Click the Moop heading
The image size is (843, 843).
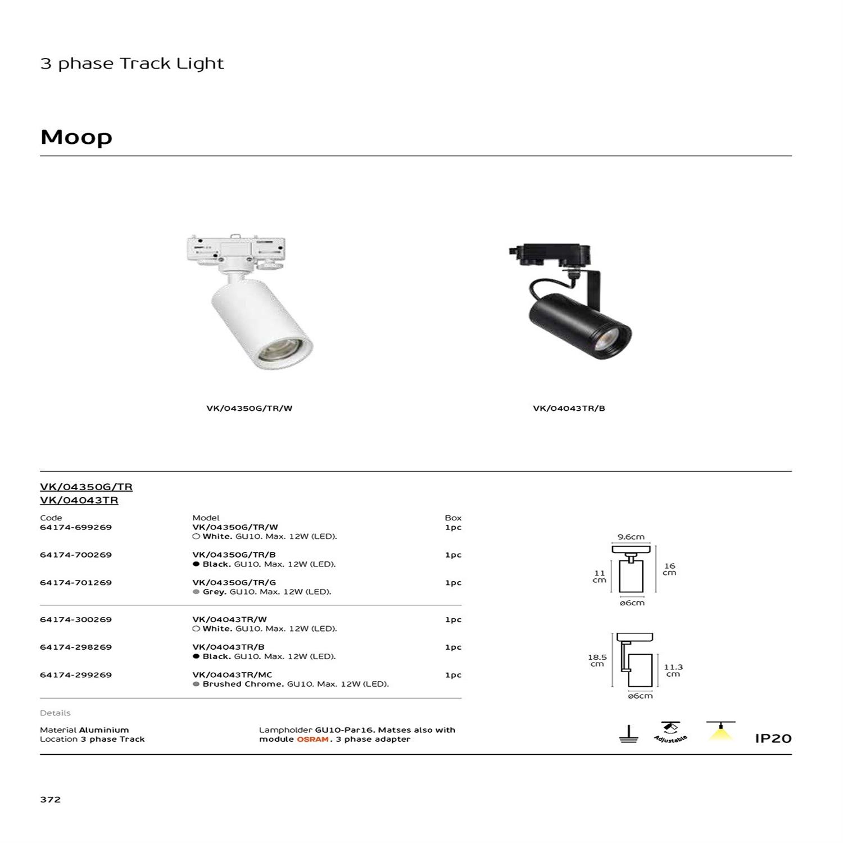[x=76, y=137]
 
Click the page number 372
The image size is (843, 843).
[x=50, y=799]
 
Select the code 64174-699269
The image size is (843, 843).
[x=76, y=527]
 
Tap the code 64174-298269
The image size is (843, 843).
[x=76, y=647]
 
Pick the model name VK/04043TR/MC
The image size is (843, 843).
[x=232, y=674]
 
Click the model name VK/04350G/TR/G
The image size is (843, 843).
[x=234, y=582]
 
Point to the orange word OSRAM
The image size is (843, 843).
[x=312, y=739]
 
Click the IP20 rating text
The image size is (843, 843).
[x=773, y=738]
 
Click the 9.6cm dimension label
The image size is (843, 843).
[x=631, y=537]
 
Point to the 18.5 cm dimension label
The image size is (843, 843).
[x=597, y=660]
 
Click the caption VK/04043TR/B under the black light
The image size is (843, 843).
[x=569, y=408]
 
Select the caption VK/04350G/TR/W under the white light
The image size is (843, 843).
[x=249, y=408]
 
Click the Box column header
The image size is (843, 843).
[x=453, y=518]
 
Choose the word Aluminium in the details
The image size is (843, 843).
[x=104, y=729]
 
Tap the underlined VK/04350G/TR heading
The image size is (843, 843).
[x=86, y=487]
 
